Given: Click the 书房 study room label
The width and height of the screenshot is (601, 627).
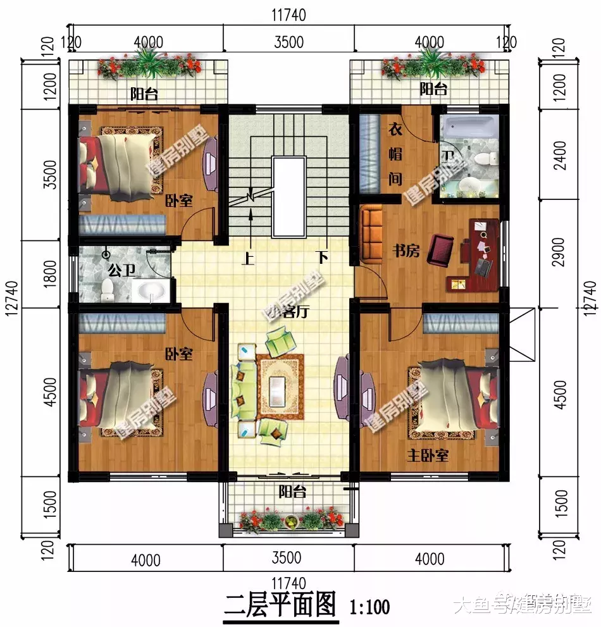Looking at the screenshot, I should (406, 251).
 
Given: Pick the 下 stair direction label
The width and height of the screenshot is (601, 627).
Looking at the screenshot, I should (323, 258).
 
